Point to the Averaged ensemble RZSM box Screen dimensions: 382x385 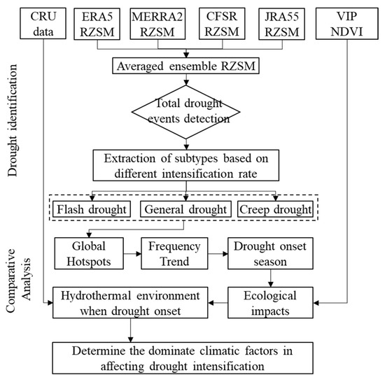[x=184, y=67]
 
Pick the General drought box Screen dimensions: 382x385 [x=184, y=209]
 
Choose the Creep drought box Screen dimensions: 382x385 [x=275, y=209]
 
